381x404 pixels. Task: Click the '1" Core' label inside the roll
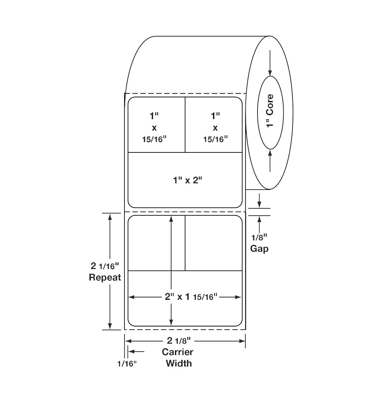tap(270, 111)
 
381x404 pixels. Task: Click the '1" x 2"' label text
tap(187, 180)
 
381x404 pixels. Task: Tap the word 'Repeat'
tap(105, 278)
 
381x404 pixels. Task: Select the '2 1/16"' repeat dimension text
tap(105, 266)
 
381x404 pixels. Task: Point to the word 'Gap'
tap(259, 249)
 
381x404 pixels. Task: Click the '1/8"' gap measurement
tap(259, 237)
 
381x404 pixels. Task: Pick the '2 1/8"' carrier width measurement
tap(179, 340)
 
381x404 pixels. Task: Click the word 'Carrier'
tap(177, 352)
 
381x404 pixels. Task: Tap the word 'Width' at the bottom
tap(179, 363)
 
